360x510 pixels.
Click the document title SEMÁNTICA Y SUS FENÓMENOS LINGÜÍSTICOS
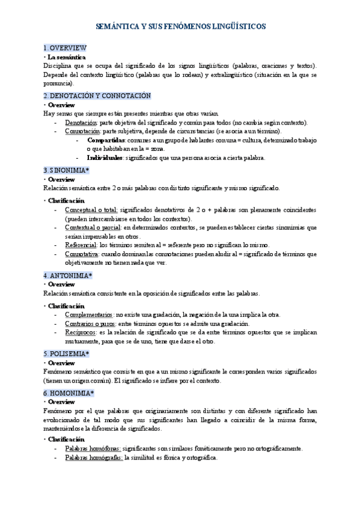181,27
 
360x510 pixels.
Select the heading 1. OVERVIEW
66,48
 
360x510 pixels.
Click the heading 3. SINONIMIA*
67,170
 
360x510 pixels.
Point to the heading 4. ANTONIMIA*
68,275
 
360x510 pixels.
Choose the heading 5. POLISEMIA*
67,354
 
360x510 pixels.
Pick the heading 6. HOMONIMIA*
69,393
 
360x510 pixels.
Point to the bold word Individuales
105,158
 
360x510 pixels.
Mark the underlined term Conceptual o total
91,210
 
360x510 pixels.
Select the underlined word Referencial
81,245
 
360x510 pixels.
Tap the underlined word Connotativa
82,254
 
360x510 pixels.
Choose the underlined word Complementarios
88,315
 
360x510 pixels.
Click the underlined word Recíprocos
80,332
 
